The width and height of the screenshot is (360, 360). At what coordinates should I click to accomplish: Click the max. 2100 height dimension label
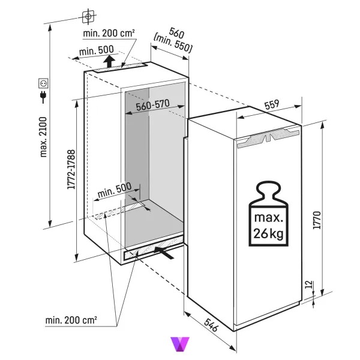click(x=43, y=137)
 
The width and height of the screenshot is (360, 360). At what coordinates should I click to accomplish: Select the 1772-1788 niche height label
click(x=71, y=169)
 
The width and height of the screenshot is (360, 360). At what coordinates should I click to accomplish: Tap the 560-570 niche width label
click(x=152, y=106)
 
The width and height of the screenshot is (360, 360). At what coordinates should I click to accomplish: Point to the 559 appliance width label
click(x=272, y=104)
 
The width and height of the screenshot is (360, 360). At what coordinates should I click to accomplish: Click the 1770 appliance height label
click(x=317, y=220)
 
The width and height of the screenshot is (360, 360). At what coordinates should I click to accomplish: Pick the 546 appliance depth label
click(x=211, y=325)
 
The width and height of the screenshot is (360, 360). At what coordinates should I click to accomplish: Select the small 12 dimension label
click(x=310, y=284)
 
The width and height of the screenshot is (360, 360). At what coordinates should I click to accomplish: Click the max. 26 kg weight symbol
click(x=268, y=214)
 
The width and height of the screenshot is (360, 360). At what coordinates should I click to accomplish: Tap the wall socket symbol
click(x=43, y=83)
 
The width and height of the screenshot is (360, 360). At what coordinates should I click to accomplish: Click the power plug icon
click(x=43, y=97)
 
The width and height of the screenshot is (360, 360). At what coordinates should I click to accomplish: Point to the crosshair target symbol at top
click(x=88, y=16)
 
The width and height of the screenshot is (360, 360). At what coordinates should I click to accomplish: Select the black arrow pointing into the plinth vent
click(x=164, y=253)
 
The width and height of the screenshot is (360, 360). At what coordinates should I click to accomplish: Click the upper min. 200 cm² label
click(x=109, y=33)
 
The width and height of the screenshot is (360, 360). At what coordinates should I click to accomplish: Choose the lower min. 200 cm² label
click(x=71, y=320)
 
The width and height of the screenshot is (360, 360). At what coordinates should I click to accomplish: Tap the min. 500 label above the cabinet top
click(x=97, y=50)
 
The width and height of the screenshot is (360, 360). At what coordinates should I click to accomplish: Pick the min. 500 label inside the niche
click(x=115, y=190)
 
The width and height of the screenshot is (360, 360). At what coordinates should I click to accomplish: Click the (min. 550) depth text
click(x=172, y=44)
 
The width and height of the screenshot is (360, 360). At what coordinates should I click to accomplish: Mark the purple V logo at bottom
click(x=180, y=344)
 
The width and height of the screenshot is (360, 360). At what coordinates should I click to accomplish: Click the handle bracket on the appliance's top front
click(x=269, y=138)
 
